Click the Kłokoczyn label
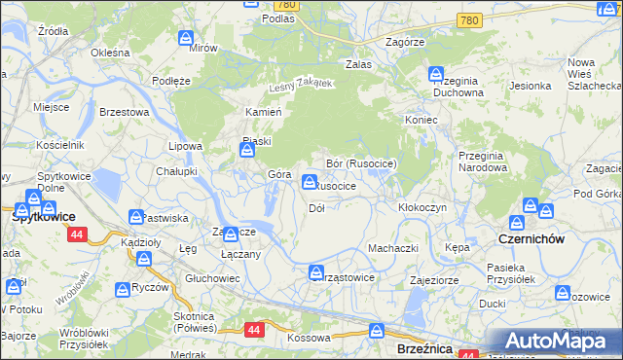(x=422, y=208)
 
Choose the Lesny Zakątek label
(x=302, y=86)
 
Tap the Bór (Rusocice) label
(x=361, y=163)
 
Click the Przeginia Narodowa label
(x=482, y=162)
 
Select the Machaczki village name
(x=392, y=248)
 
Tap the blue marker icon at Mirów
(x=187, y=38)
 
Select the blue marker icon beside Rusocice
(x=310, y=181)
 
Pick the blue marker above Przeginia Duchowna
(x=436, y=74)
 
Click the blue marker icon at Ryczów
(x=123, y=289)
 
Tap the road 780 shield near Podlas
(x=291, y=5)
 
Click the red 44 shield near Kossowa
(x=255, y=330)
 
